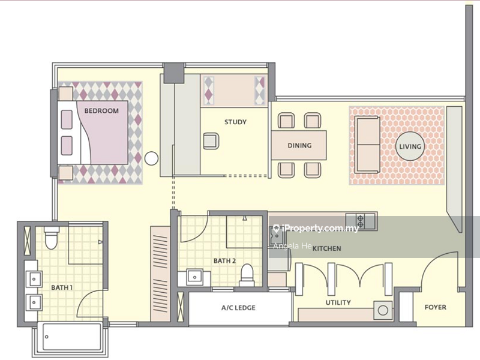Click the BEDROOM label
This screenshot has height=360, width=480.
101,111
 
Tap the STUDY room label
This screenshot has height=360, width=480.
235,122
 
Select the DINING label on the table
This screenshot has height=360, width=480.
299,145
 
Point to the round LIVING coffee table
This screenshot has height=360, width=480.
410,146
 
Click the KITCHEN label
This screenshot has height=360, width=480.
326,248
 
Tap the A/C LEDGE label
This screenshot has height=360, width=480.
238,308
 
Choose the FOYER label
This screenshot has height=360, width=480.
436,307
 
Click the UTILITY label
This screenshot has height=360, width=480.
338,302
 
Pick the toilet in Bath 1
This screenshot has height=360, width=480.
51,238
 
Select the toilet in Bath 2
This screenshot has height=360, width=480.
247,274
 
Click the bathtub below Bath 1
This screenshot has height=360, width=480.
72,337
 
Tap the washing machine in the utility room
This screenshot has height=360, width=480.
383,310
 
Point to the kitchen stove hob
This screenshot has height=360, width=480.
361,221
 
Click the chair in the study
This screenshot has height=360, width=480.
211,141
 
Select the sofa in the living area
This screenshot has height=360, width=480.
367,145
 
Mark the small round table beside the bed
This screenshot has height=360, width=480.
151,158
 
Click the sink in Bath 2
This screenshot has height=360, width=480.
194,277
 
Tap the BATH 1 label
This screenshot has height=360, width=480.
62,287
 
